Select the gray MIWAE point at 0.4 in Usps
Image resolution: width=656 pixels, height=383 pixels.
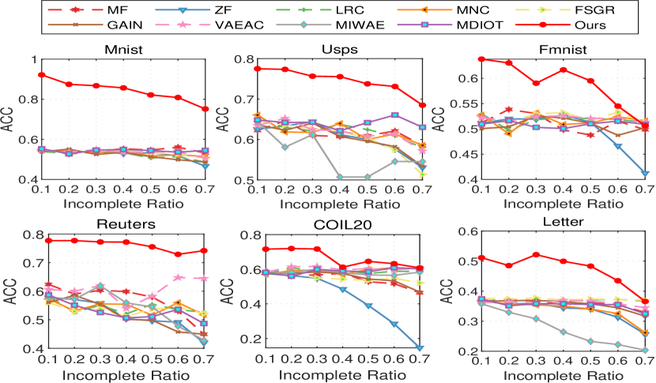tap(339, 177)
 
